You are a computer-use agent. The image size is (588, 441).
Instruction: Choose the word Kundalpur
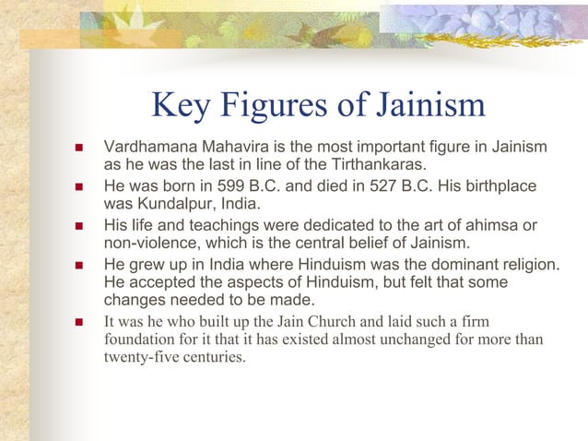pyautogui.click(x=171, y=204)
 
